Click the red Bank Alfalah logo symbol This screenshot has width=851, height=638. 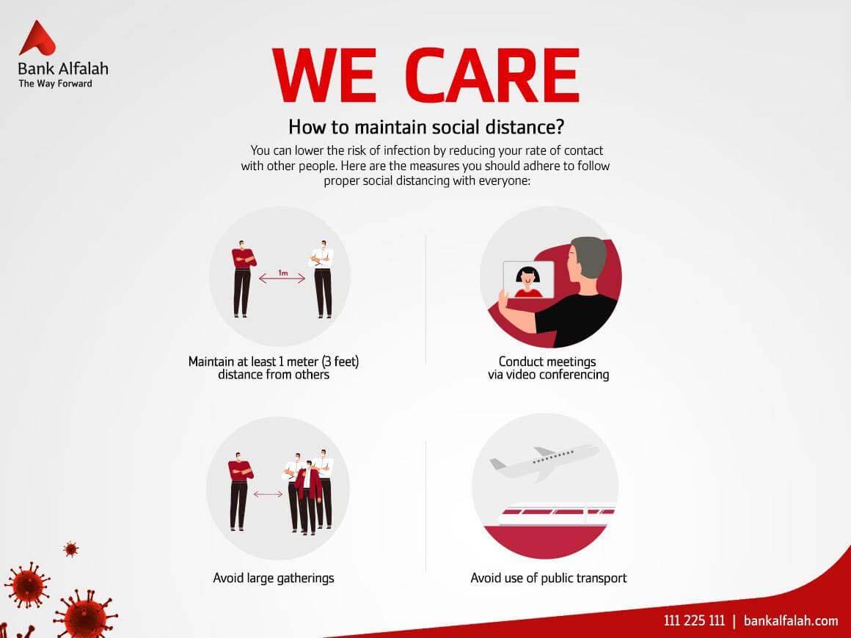[36, 40]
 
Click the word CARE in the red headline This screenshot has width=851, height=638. [492, 76]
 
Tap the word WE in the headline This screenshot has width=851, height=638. [324, 76]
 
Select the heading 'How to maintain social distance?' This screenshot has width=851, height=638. [426, 127]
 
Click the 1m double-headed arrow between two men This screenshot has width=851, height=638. [282, 279]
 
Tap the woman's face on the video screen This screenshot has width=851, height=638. [527, 276]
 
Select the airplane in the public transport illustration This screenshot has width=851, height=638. [544, 462]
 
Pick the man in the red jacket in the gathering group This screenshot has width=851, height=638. [307, 497]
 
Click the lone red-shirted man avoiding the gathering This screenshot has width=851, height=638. [239, 491]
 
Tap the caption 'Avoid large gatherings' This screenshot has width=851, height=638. [274, 579]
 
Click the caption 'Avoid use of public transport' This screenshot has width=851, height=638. [549, 579]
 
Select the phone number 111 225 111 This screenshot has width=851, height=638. [694, 620]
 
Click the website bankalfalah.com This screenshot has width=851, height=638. [791, 620]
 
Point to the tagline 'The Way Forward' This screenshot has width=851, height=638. [55, 84]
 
